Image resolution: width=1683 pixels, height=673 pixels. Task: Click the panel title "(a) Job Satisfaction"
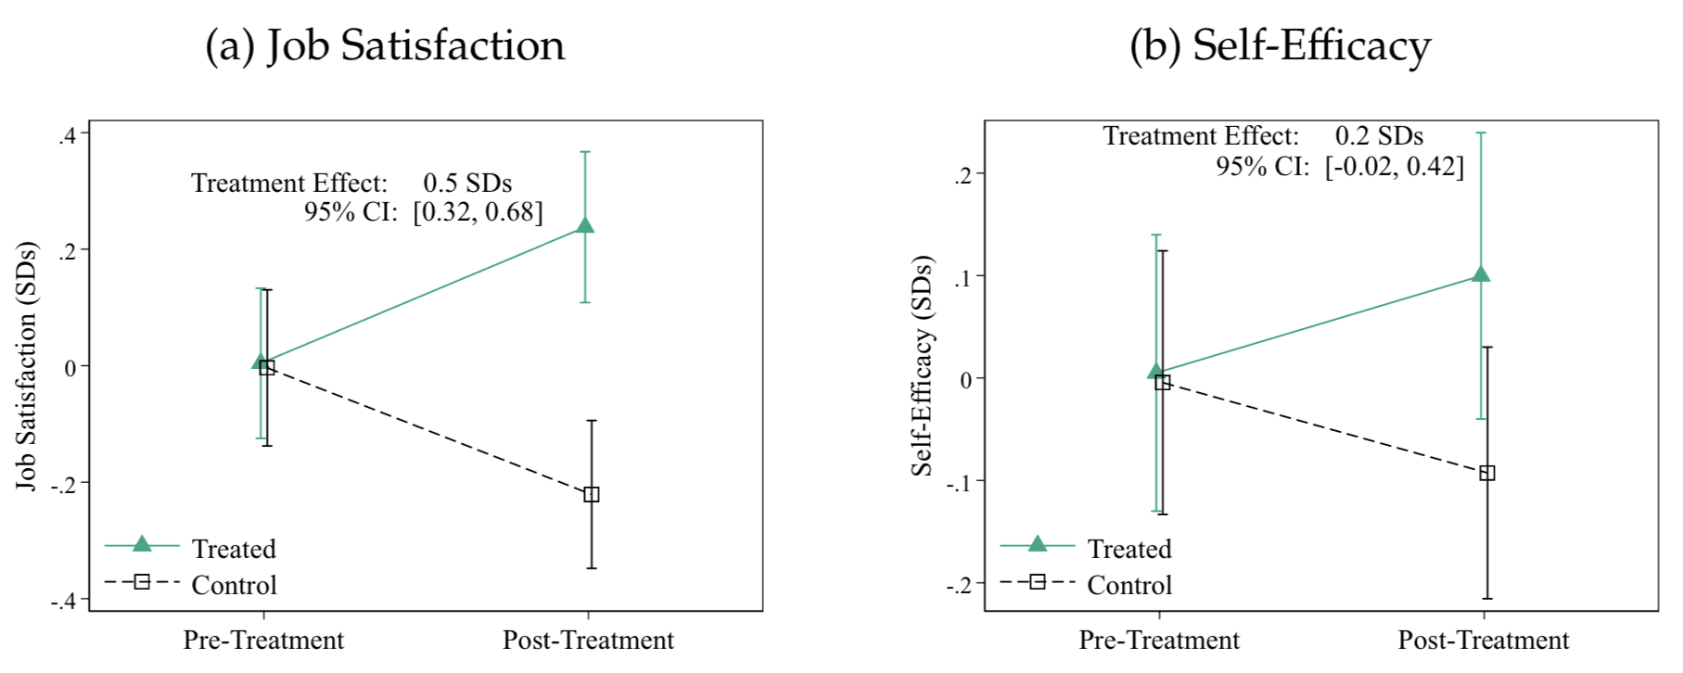[385, 45]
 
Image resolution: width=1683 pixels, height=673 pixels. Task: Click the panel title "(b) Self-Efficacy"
[1280, 45]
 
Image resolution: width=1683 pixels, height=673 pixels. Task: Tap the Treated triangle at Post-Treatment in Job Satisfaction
[585, 225]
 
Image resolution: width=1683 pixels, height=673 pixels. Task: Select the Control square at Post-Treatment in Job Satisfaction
[592, 494]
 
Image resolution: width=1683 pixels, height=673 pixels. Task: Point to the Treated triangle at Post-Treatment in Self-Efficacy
[1481, 274]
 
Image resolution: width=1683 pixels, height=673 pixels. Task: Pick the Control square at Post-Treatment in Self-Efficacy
[1487, 473]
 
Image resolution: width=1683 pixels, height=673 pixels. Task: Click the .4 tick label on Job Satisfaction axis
[67, 135]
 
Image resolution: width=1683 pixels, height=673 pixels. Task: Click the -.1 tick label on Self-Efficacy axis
[960, 482]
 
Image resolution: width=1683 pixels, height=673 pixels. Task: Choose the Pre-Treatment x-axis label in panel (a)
[263, 641]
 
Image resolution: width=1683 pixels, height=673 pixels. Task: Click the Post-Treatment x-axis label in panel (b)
[1484, 641]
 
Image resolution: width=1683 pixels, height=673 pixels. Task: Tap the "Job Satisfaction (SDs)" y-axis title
[26, 366]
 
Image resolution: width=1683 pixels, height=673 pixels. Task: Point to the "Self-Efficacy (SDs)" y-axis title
[922, 366]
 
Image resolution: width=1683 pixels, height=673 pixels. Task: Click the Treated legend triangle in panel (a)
[142, 544]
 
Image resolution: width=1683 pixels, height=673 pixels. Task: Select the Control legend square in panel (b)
[1038, 582]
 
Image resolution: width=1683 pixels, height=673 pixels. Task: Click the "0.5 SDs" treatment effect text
[467, 183]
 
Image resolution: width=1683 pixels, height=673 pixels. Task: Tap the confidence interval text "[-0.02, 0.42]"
[1395, 167]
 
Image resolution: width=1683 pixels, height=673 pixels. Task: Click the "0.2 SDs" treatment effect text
[1379, 136]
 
